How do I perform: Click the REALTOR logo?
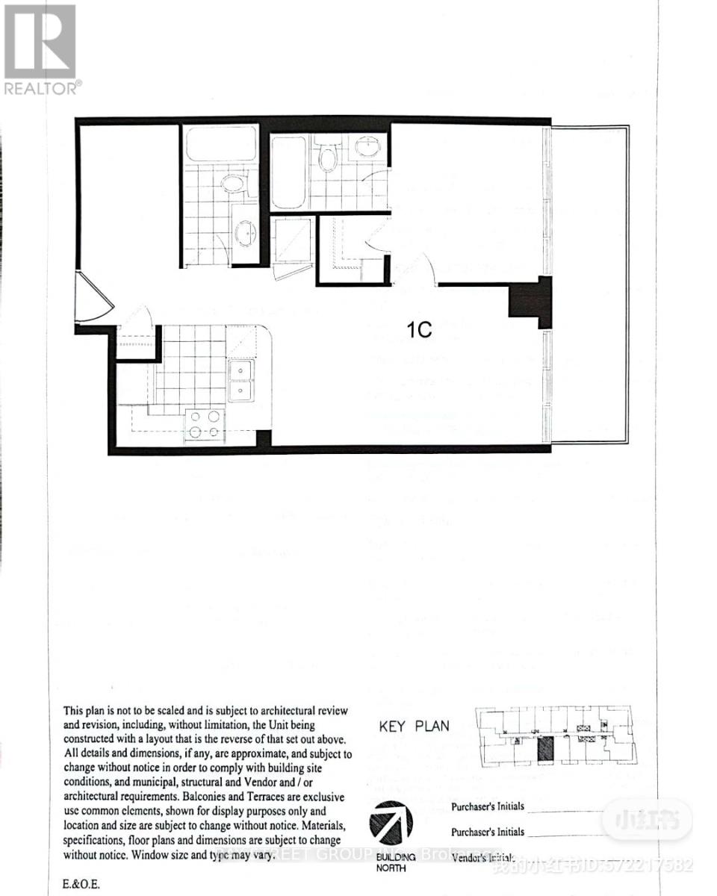coord(40,49)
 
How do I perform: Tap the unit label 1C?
coord(420,329)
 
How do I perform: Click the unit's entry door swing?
coord(94,299)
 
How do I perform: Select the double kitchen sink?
coord(240,380)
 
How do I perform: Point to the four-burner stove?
coord(204,424)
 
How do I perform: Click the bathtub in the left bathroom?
coord(220,143)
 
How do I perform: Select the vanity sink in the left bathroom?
coord(244,234)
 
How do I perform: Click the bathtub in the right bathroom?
coord(288,171)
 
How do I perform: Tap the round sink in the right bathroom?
coord(367,146)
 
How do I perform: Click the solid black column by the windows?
coord(531,301)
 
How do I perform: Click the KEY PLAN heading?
coord(415,726)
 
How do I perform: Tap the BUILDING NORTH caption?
coord(395,862)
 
